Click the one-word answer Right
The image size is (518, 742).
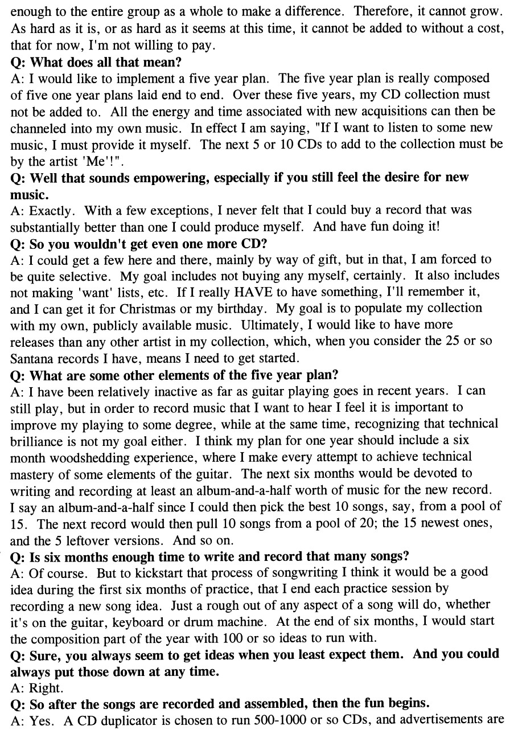click(45, 688)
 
